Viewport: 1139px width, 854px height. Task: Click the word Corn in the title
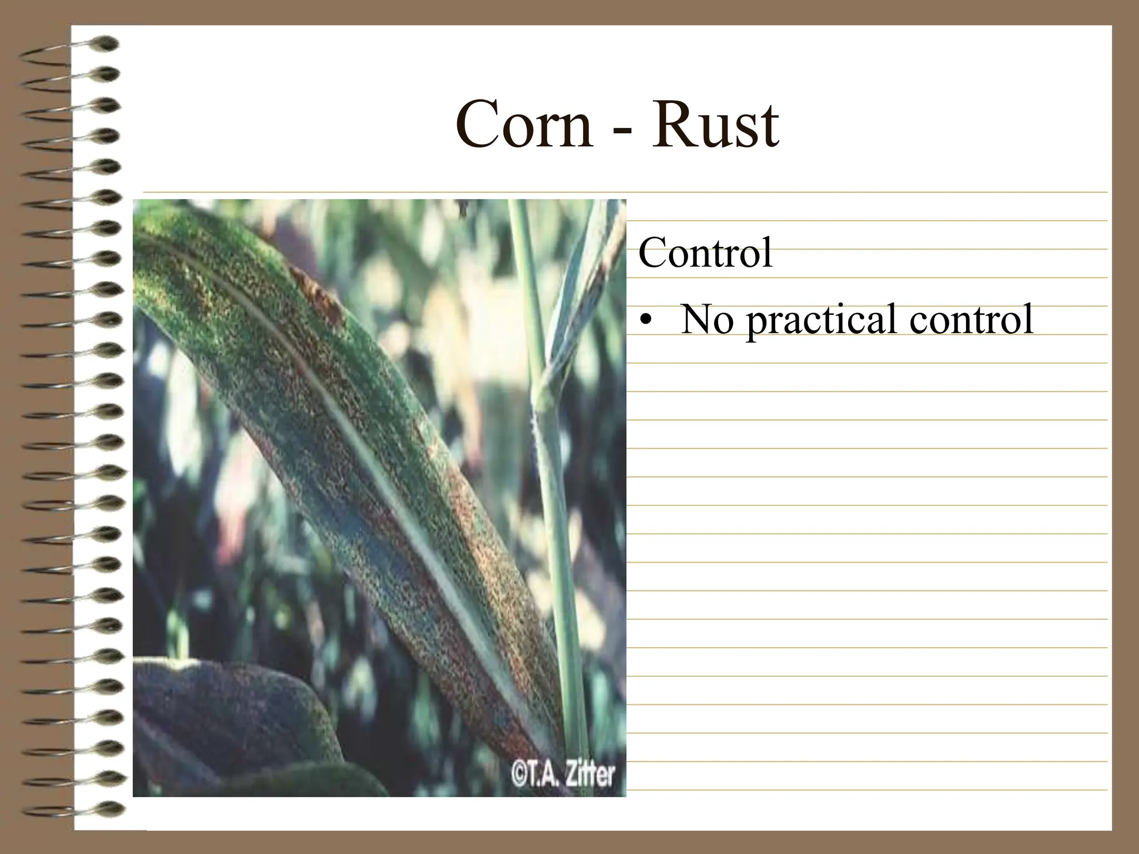[524, 126]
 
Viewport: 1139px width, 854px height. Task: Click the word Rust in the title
[715, 126]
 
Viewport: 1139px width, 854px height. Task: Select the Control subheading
[705, 253]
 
